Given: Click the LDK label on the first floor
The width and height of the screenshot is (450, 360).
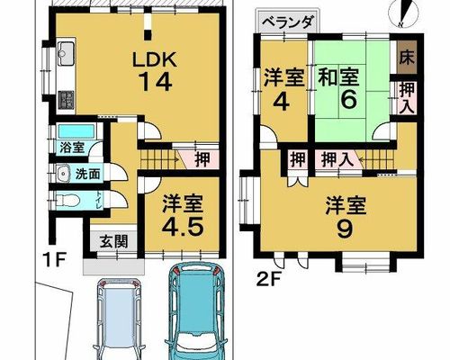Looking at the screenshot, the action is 155,60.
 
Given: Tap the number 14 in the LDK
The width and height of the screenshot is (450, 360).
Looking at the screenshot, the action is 156,82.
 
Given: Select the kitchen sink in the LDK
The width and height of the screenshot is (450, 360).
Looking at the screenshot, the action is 67,54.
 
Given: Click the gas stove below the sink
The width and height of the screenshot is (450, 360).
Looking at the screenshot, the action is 67,101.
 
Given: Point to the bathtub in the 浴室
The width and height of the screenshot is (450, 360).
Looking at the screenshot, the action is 76,131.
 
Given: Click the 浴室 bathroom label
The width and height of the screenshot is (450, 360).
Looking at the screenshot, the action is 72,148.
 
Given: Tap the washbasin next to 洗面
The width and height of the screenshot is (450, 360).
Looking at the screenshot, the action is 64,174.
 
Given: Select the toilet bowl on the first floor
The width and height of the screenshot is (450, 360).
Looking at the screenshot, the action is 67,200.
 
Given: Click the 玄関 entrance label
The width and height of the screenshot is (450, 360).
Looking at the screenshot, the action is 113,241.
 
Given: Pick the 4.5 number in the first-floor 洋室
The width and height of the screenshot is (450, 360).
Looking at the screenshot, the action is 183,228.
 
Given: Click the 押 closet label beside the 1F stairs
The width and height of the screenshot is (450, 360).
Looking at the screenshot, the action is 202,160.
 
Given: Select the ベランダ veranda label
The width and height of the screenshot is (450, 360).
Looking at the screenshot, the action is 288,22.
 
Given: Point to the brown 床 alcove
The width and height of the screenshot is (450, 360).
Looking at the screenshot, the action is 407,58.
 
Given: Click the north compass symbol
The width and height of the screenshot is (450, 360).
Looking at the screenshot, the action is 403,13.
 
